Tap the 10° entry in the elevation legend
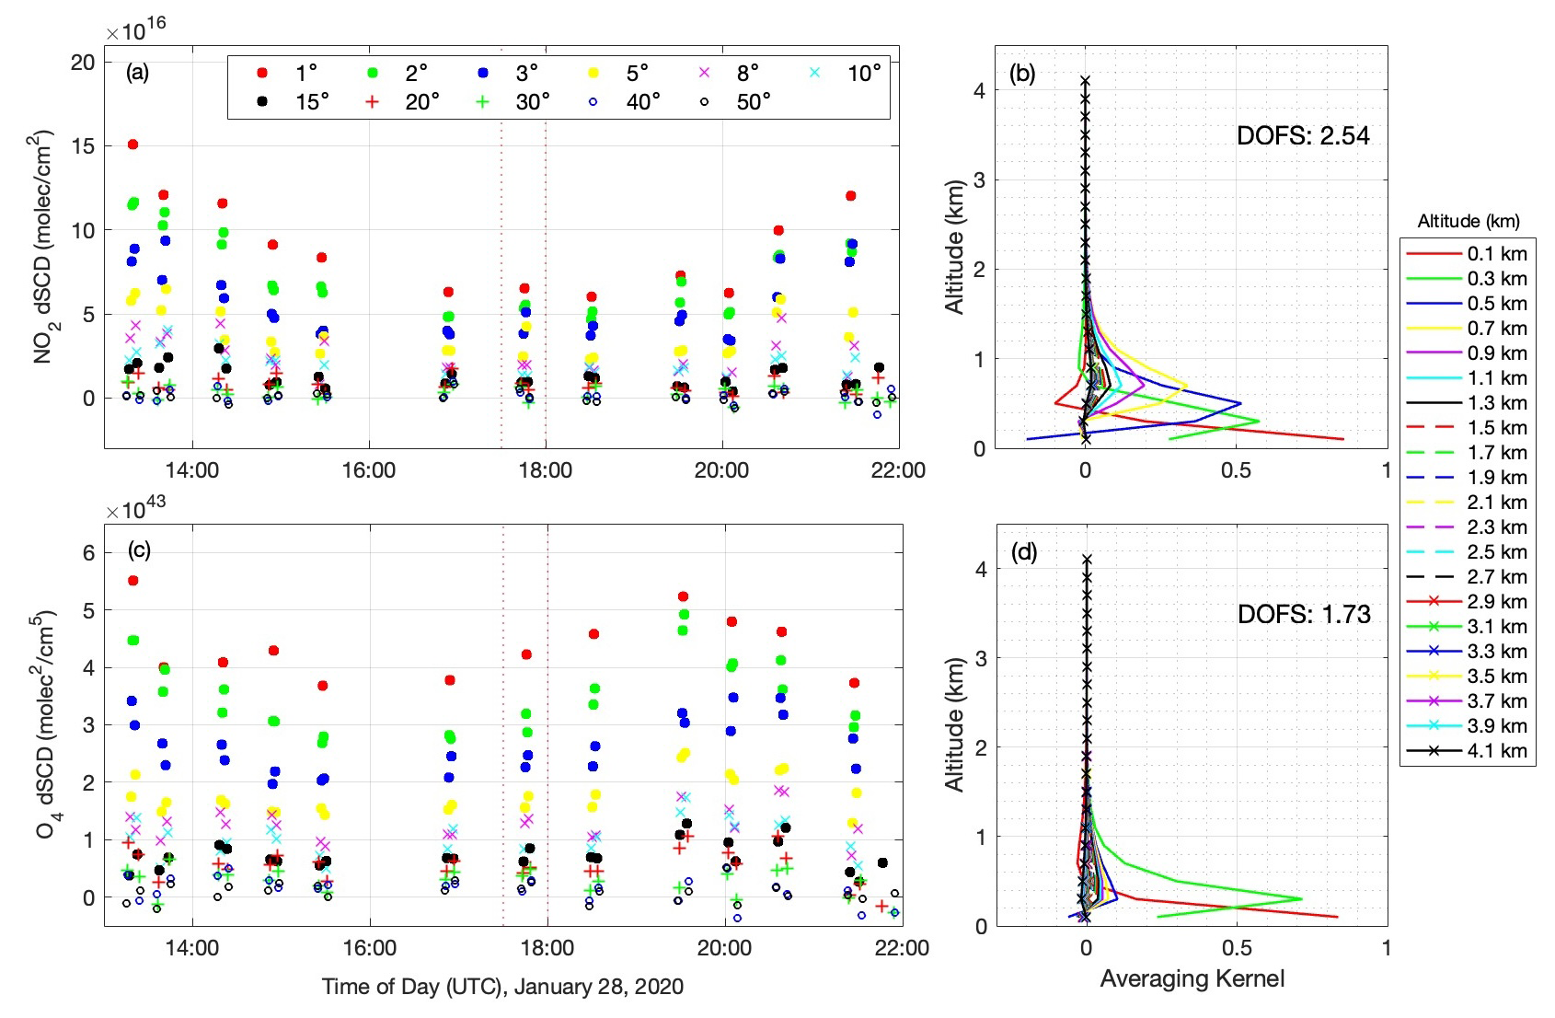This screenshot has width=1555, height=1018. click(847, 73)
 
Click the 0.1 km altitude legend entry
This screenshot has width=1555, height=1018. click(1467, 254)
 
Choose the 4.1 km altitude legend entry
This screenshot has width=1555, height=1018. click(1467, 751)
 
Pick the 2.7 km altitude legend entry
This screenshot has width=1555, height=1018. click(1467, 577)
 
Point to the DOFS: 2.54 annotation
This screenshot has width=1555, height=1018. click(1303, 136)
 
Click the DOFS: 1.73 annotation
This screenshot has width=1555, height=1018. click(1304, 614)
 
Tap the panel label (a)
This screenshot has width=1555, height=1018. click(138, 73)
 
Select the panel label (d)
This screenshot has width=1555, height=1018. click(1024, 551)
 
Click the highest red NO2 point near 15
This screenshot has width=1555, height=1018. click(132, 145)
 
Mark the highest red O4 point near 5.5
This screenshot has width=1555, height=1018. click(132, 581)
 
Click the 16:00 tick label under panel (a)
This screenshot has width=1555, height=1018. click(368, 470)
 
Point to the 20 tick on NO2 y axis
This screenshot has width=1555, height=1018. click(83, 63)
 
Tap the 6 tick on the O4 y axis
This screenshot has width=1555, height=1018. click(88, 552)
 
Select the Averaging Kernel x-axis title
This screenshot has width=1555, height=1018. click(1192, 978)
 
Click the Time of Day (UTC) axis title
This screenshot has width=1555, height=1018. click(502, 987)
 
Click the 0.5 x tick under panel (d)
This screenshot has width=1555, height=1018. click(1237, 947)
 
